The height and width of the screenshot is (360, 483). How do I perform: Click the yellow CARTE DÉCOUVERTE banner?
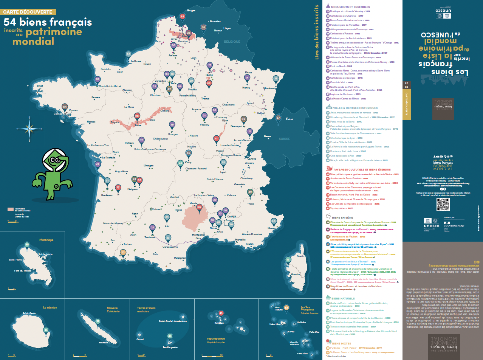(28, 12)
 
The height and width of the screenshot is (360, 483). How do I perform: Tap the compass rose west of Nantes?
(29, 129)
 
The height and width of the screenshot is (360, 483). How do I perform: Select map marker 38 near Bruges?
(183, 17)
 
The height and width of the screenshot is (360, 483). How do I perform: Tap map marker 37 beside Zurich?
(279, 118)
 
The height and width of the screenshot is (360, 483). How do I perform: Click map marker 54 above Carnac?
(65, 107)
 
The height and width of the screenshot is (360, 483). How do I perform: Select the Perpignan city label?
(180, 258)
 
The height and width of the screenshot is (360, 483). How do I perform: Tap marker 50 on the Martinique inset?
(26, 245)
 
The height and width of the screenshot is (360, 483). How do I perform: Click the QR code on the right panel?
(443, 204)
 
